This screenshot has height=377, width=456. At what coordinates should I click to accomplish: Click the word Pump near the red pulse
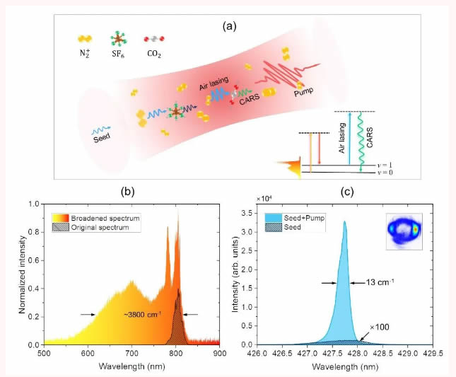(305, 91)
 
